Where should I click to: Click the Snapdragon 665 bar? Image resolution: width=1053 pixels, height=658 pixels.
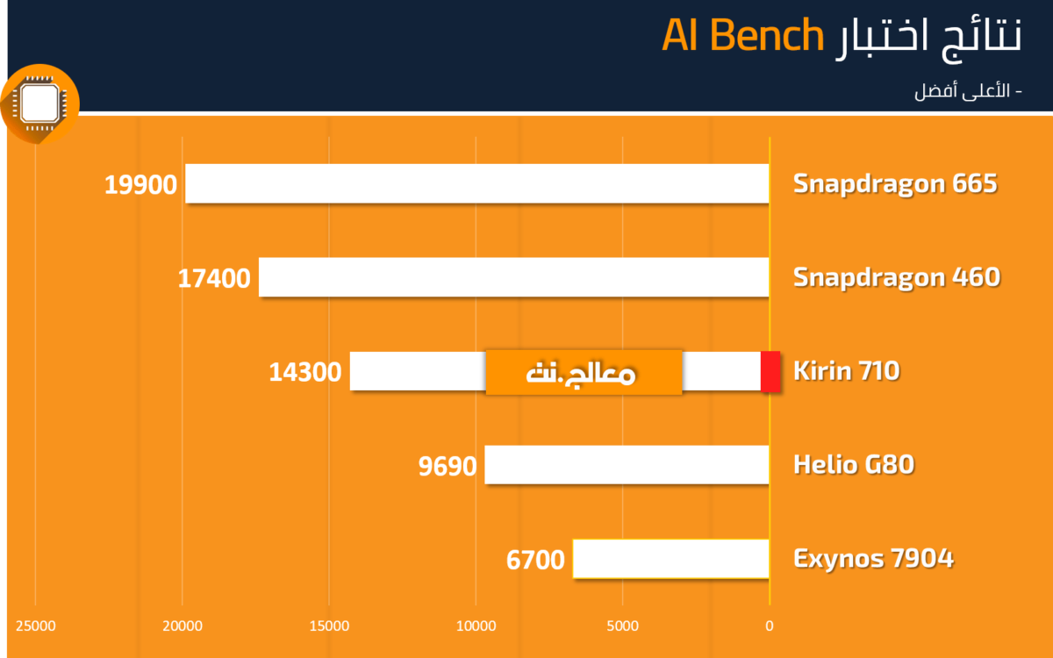coord(477,183)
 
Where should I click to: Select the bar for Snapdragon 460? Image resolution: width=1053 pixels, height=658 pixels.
coord(514,277)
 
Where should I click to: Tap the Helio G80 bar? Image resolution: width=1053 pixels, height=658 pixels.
coord(627,464)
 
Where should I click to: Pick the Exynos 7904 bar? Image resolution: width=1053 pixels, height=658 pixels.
coord(670,558)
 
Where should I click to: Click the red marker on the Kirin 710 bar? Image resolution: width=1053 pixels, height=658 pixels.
coord(770,371)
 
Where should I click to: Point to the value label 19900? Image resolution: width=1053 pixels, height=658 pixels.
coord(140,184)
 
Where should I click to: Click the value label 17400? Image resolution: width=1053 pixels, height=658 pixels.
coord(214,278)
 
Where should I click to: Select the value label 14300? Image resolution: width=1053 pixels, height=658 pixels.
coord(305,372)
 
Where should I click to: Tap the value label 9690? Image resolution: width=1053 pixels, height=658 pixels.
coord(448,466)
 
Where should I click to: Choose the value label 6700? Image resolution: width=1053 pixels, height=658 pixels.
coord(535,560)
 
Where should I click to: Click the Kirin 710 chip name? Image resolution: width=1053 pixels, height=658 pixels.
coord(847,370)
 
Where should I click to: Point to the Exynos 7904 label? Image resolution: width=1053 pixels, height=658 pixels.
coord(873,558)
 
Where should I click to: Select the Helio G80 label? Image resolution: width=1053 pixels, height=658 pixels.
coord(854,464)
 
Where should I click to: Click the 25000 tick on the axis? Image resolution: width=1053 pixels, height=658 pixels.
coord(36,626)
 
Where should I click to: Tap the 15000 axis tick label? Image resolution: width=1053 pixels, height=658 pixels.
coord(329,626)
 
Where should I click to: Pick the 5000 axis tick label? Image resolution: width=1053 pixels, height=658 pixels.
coord(622,626)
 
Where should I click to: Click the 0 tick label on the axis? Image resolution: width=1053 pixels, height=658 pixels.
coord(769,626)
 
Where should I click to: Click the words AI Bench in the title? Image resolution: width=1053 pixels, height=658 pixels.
coord(742,35)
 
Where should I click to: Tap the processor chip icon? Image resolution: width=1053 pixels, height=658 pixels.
coord(40,104)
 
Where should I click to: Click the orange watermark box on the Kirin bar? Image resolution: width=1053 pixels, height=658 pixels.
coord(584,372)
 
